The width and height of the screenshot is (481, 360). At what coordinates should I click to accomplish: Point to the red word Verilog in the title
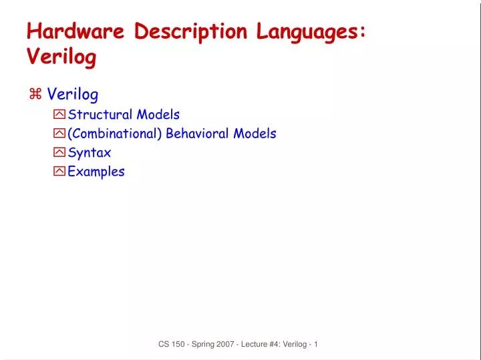pos(61,57)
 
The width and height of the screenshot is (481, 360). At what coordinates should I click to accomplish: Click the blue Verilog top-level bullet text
pos(73,96)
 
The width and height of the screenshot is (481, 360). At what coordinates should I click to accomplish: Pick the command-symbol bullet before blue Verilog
pos(35,96)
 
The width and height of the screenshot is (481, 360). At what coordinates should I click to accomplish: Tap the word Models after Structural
pos(158,115)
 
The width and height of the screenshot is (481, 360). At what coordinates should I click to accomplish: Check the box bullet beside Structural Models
pos(59,115)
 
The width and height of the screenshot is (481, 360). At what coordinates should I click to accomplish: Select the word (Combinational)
pos(114,134)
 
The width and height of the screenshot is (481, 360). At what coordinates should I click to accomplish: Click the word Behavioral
pos(197,134)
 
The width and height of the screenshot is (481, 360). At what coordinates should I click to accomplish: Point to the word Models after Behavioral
pos(255,134)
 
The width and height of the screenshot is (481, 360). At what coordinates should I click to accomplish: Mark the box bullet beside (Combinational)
pos(59,134)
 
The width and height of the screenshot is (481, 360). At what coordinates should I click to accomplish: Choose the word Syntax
pos(90,152)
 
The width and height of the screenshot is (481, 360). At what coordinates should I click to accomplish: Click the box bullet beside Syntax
pos(59,152)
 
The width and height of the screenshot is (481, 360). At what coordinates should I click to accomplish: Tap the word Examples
pos(96,171)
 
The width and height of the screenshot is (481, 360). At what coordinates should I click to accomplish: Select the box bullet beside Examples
pos(59,171)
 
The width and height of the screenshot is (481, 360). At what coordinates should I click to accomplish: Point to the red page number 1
pos(315,345)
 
